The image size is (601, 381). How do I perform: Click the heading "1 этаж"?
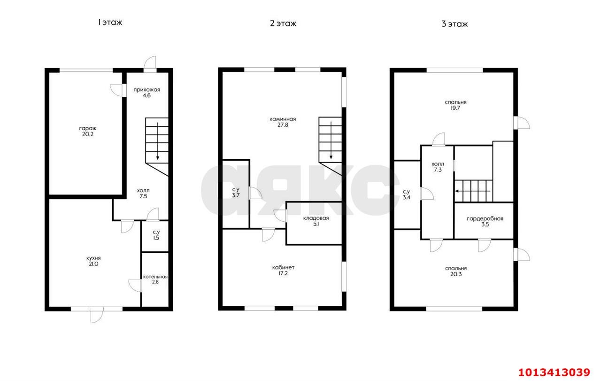110,22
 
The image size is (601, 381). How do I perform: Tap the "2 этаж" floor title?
283,23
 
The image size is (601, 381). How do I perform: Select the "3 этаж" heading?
455,24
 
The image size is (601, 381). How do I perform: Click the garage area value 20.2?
88,134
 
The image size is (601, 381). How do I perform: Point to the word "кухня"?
93,258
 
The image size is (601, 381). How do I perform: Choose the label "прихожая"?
147,90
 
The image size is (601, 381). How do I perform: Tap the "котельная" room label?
155,277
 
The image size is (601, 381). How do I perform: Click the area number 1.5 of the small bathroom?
156,238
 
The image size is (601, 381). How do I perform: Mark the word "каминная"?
283,119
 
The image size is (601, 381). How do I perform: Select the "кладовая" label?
316,218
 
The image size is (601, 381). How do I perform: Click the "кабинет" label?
283,268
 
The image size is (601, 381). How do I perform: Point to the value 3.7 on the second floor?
236,195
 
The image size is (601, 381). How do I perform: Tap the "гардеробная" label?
485,219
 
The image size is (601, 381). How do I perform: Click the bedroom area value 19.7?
455,108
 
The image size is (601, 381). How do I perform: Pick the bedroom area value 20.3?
456,274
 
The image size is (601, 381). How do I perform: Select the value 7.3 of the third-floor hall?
438,170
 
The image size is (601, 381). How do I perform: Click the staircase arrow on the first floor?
158,141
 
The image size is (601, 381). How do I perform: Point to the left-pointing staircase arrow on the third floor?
473,192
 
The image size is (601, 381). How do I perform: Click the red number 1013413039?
554,373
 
